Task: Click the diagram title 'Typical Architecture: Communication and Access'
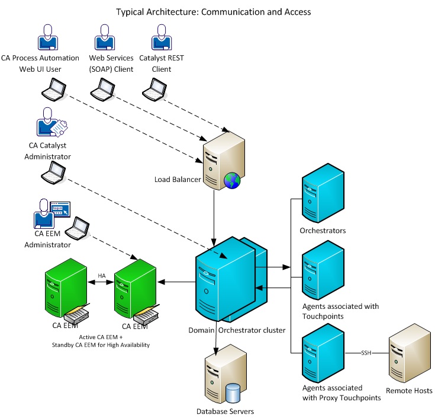[x=213, y=12]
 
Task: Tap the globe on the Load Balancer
[x=233, y=180]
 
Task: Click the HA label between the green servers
[x=101, y=276]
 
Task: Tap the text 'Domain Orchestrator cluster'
[x=237, y=330]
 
